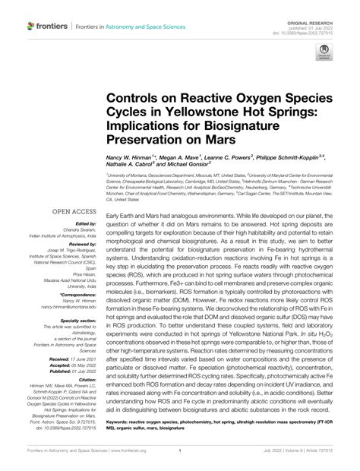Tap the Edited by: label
[x=88, y=224]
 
